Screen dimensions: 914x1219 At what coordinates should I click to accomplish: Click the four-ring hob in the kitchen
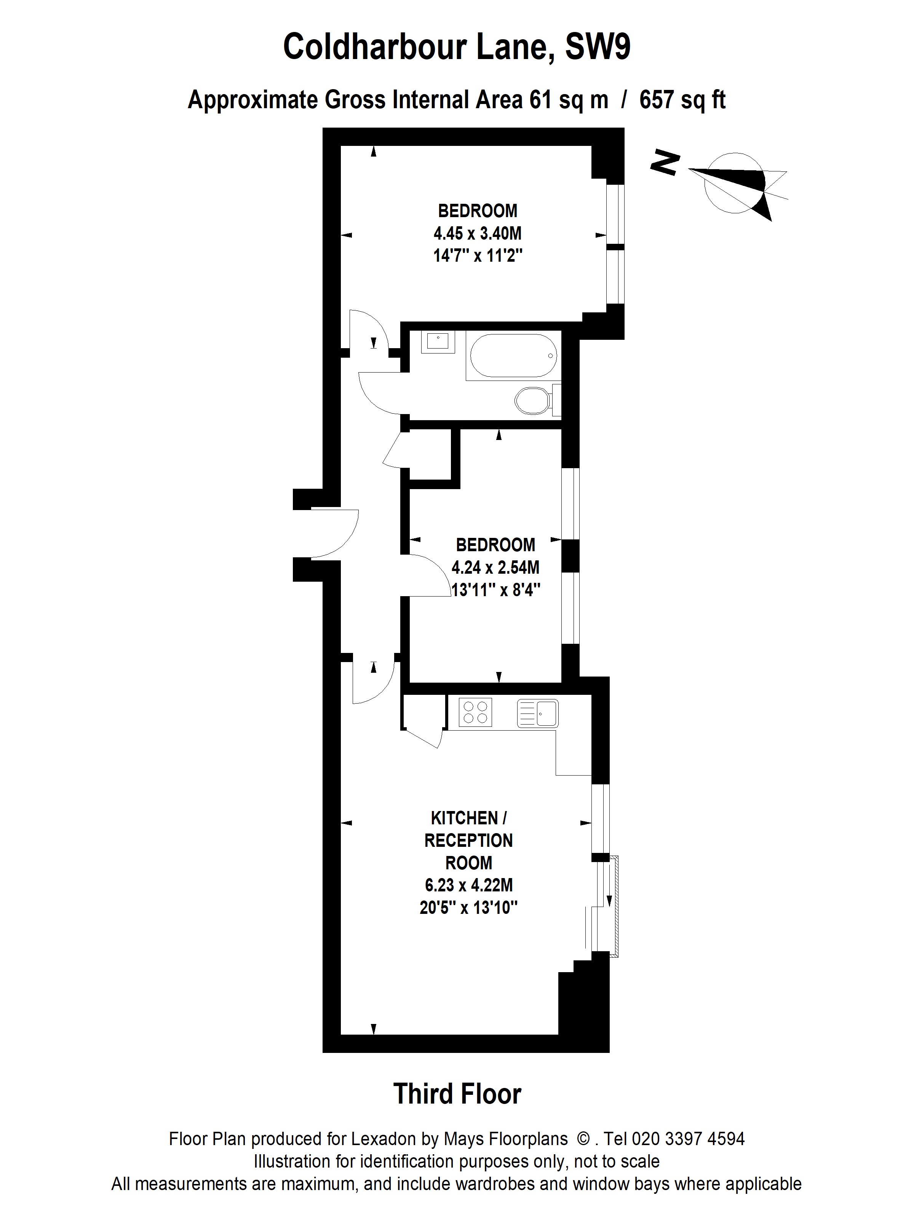point(475,712)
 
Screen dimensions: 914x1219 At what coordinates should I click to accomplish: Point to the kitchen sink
point(538,713)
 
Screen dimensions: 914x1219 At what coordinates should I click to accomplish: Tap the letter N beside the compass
point(665,163)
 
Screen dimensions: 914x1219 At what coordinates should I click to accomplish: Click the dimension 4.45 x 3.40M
point(477,233)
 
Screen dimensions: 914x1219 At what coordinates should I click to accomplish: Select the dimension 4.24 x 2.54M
point(495,567)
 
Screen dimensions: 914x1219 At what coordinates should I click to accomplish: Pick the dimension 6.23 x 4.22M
point(468,885)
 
